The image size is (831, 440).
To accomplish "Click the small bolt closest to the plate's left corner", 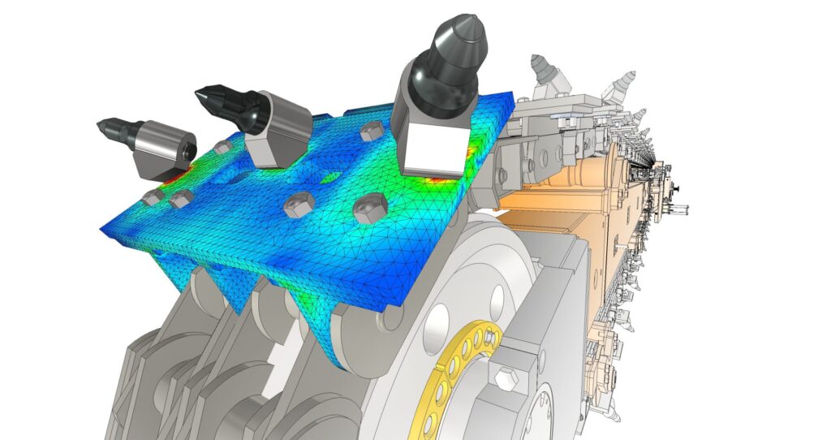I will pyautogui.click(x=151, y=197).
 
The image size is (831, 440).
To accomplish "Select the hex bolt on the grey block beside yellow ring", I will pyautogui.click(x=505, y=375).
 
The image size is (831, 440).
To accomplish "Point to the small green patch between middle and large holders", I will pyautogui.click(x=330, y=177).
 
